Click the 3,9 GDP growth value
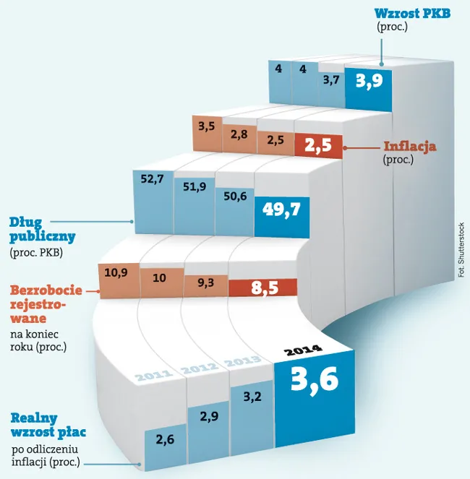(x=369, y=81)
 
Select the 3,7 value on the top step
(x=331, y=81)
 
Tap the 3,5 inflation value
(x=207, y=126)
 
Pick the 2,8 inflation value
(x=239, y=134)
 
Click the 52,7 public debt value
(x=153, y=179)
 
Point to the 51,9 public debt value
(x=195, y=187)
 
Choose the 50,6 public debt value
(x=235, y=197)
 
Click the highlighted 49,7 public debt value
(x=281, y=210)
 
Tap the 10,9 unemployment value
(x=116, y=272)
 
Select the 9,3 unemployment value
(x=206, y=283)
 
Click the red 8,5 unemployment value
(x=265, y=288)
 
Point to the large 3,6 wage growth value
(x=315, y=380)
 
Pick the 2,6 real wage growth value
(x=165, y=440)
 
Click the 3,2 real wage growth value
(x=252, y=397)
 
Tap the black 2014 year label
(x=303, y=350)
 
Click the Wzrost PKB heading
(x=412, y=14)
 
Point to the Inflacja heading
(x=410, y=147)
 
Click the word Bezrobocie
(x=46, y=290)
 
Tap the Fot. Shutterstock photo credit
(x=461, y=250)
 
